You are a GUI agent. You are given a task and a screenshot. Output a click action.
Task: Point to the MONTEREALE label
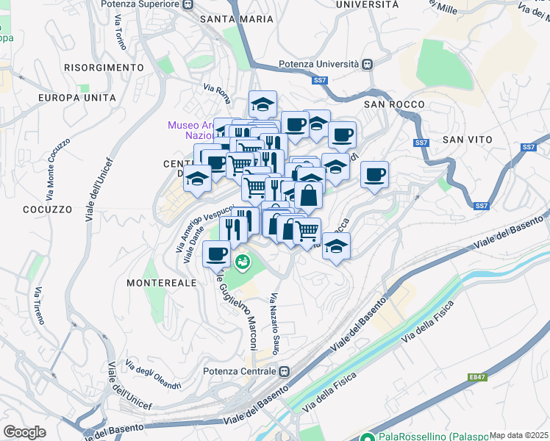(153, 282)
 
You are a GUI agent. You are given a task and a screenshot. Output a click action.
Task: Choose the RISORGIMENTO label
(103, 68)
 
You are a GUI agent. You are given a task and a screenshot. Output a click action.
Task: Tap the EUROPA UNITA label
(77, 97)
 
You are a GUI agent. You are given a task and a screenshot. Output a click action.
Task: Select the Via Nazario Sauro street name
(274, 323)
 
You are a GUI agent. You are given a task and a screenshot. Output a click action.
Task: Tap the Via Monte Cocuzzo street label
(58, 169)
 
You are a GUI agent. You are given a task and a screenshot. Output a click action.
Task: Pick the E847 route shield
(477, 378)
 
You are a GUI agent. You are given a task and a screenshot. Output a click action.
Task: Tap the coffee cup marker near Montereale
(216, 254)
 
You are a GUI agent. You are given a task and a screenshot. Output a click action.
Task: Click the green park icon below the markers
(241, 260)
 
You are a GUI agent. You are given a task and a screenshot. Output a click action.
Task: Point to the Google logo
(25, 432)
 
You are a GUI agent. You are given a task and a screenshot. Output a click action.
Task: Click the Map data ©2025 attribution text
(518, 435)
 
